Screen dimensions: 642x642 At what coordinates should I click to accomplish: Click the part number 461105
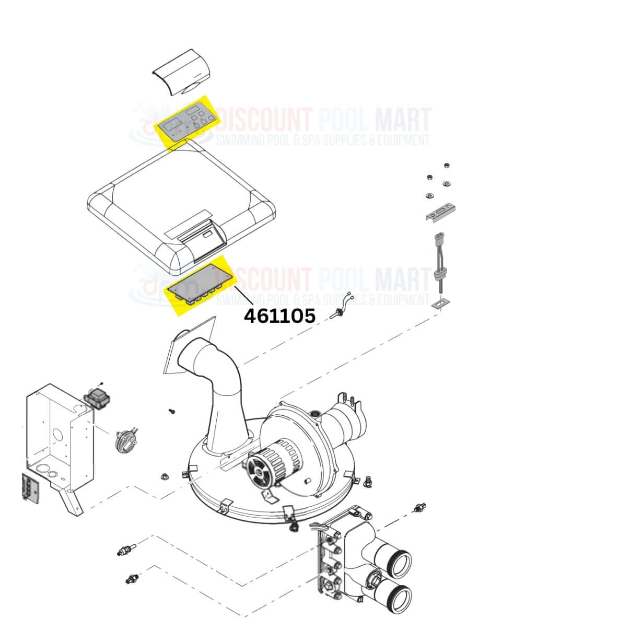click(x=279, y=316)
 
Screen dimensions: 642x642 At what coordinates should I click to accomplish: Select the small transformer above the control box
click(x=97, y=398)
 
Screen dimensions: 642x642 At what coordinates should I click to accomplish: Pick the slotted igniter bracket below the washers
click(x=441, y=212)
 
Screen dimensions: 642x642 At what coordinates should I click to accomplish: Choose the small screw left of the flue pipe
click(x=172, y=412)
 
